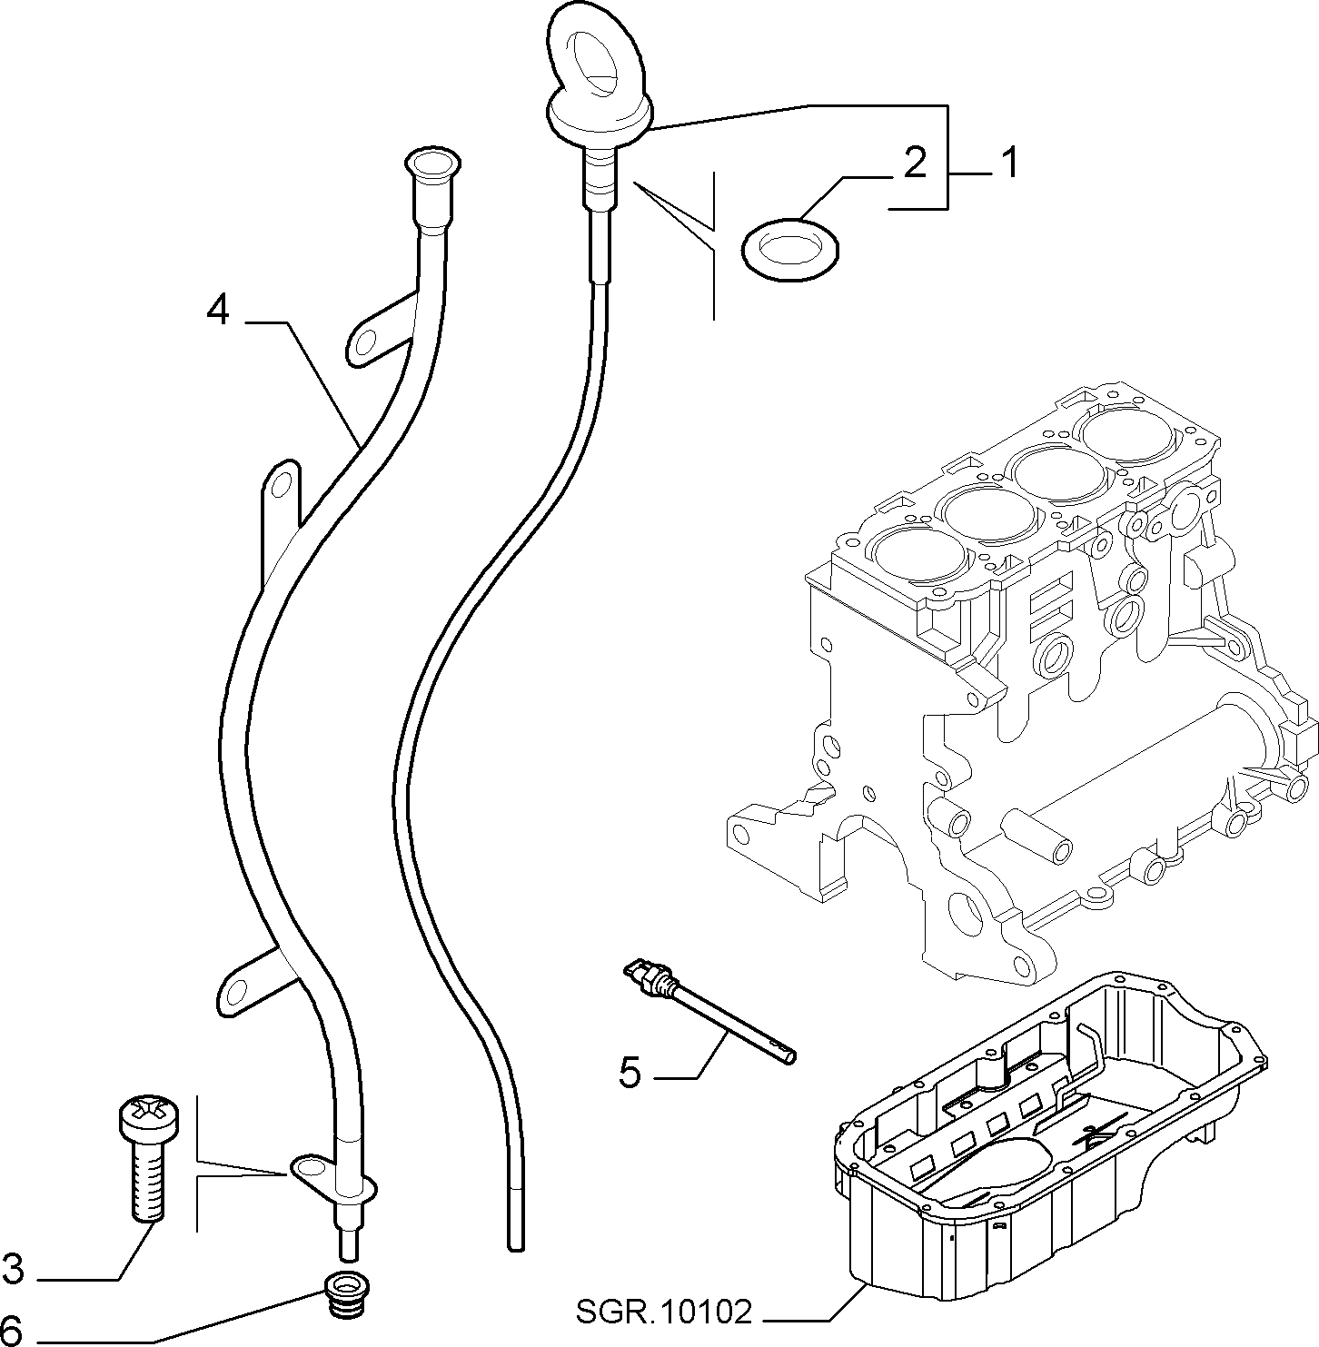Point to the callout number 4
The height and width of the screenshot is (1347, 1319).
coord(218,311)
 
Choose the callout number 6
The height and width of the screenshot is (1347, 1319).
coord(13,1330)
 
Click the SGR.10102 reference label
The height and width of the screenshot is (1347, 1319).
coord(664,1311)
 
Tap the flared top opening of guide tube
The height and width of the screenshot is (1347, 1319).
coord(431,164)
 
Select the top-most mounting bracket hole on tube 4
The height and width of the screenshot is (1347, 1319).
coord(365,342)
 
